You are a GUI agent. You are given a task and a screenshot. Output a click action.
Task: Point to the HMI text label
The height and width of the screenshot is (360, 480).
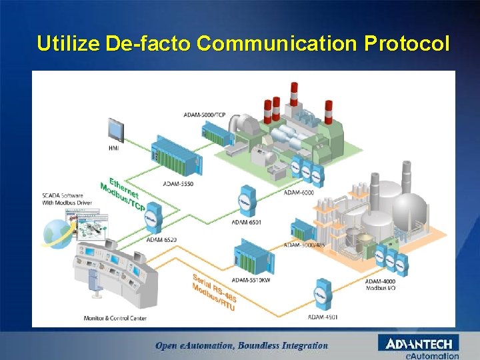(x=113, y=148)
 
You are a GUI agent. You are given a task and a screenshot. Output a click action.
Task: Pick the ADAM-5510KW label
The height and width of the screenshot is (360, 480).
(x=251, y=280)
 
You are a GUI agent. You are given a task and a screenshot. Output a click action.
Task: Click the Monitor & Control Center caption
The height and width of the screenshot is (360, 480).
(x=115, y=318)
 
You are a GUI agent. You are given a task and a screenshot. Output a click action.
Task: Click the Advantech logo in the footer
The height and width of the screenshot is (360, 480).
(x=419, y=344)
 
